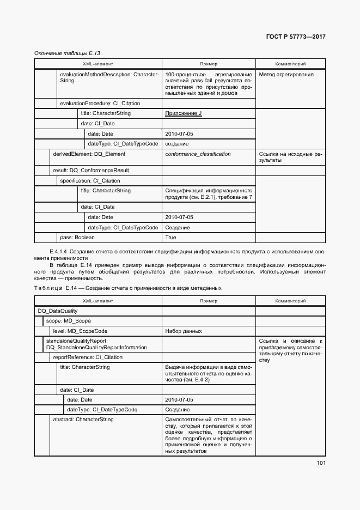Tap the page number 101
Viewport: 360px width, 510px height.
pyautogui.click(x=320, y=464)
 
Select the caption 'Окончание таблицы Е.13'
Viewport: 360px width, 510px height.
pyautogui.click(x=67, y=53)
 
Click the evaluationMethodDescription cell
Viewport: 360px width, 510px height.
pyautogui.click(x=109, y=77)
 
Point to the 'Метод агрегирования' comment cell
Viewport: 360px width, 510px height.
pyautogui.click(x=286, y=75)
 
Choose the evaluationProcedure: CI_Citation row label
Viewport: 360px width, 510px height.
pyautogui.click(x=100, y=103)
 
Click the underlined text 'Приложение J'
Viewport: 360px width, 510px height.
pyautogui.click(x=183, y=113)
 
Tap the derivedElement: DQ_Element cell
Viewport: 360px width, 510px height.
pyautogui.click(x=85, y=154)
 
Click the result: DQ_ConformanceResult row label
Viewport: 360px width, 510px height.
pyautogui.click(x=90, y=171)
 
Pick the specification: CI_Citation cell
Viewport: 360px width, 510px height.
pyautogui.click(x=90, y=180)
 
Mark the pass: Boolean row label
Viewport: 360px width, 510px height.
pyautogui.click(x=77, y=238)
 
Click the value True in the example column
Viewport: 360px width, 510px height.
pyautogui.click(x=170, y=238)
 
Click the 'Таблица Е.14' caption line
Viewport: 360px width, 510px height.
pyautogui.click(x=127, y=288)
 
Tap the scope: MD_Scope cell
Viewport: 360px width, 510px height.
pyautogui.click(x=68, y=321)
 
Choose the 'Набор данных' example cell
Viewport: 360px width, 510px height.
pyautogui.click(x=184, y=331)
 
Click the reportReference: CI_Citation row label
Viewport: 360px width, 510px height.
pyautogui.click(x=87, y=357)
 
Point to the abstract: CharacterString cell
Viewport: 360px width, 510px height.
pyautogui.click(x=83, y=420)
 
